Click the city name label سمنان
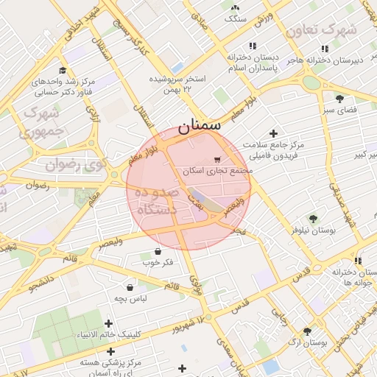click(x=199, y=125)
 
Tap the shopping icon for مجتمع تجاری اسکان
click(x=216, y=160)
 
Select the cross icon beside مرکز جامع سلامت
click(x=274, y=134)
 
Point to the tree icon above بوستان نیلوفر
click(x=313, y=219)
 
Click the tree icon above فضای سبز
click(x=339, y=99)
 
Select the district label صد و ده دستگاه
click(x=155, y=201)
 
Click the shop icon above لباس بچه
click(x=130, y=287)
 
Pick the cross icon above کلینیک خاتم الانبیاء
click(x=109, y=323)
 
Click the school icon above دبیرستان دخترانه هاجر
click(x=325, y=48)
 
